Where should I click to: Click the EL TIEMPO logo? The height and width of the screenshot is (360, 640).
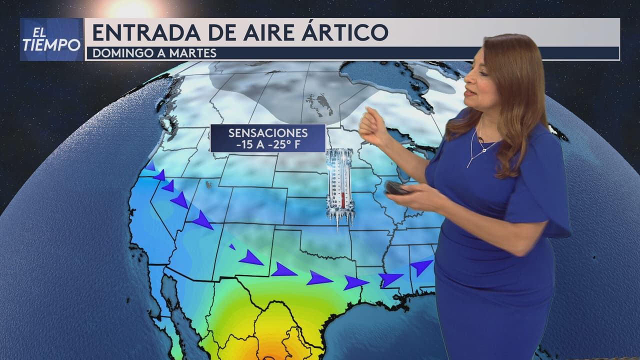(51, 39)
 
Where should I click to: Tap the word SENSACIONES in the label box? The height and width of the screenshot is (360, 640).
(268, 133)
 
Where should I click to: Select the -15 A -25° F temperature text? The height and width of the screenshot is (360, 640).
(268, 144)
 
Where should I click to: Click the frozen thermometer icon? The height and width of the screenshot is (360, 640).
(340, 185)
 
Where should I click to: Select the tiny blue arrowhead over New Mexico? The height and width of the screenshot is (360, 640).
(232, 246)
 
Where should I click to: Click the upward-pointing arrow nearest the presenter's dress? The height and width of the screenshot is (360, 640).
(421, 266)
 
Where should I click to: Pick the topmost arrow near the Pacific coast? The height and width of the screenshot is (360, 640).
(150, 166)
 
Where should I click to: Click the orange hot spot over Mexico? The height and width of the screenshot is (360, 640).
(270, 352)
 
